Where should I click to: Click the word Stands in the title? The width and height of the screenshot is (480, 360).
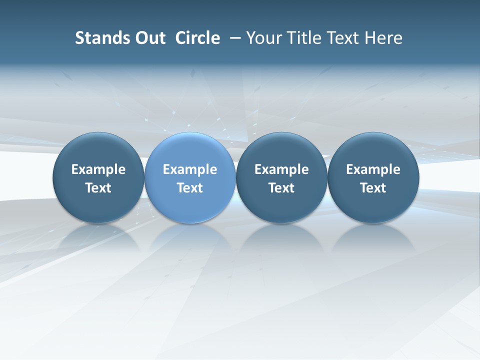click(95, 38)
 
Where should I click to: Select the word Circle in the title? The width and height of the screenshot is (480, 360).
click(197, 38)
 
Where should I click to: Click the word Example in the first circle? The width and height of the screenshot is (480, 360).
click(98, 169)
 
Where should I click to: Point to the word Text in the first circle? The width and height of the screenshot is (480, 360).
click(98, 188)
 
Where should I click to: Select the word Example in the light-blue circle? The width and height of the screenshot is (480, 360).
click(190, 169)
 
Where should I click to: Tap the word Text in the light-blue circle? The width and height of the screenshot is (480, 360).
click(190, 188)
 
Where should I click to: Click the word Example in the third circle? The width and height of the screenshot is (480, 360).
click(281, 169)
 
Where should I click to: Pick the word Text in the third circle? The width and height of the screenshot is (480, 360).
click(281, 188)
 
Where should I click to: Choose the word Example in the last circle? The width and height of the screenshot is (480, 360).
click(373, 169)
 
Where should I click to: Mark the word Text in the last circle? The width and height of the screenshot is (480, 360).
click(373, 188)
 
